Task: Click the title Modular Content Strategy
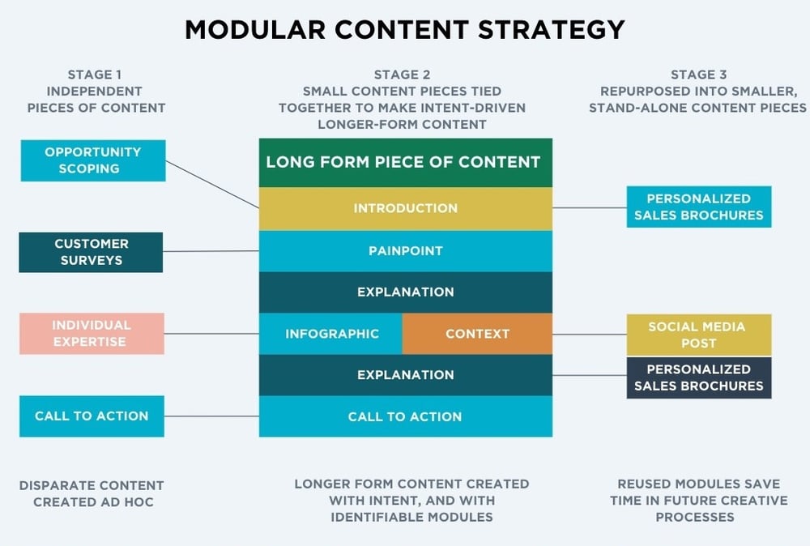pyautogui.click(x=405, y=29)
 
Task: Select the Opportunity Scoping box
pyautogui.click(x=93, y=160)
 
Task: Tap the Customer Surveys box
pyautogui.click(x=92, y=252)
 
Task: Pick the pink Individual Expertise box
pyautogui.click(x=92, y=334)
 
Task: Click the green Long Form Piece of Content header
pyautogui.click(x=405, y=162)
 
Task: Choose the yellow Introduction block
pyautogui.click(x=405, y=209)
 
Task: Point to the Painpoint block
pyautogui.click(x=405, y=251)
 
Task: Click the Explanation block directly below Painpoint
pyautogui.click(x=405, y=292)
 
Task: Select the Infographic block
pyautogui.click(x=331, y=334)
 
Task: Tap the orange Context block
pyautogui.click(x=477, y=334)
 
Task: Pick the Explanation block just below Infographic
pyautogui.click(x=405, y=375)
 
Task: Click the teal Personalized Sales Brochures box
pyautogui.click(x=698, y=207)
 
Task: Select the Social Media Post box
pyautogui.click(x=698, y=335)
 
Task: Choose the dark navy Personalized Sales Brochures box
pyautogui.click(x=698, y=378)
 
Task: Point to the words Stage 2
pyautogui.click(x=401, y=75)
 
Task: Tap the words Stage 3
pyautogui.click(x=698, y=75)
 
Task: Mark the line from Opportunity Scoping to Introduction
pyautogui.click(x=212, y=183)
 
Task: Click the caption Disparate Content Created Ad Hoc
pyautogui.click(x=92, y=493)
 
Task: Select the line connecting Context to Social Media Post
pyautogui.click(x=589, y=335)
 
